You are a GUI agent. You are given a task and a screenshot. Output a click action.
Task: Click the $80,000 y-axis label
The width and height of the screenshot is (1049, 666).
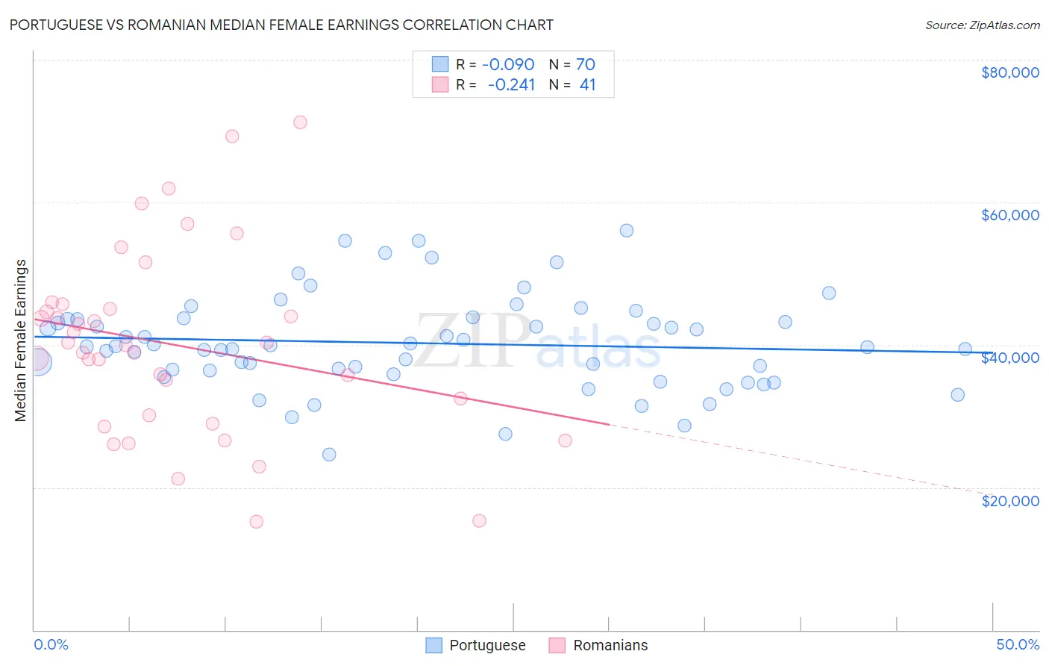tap(1009, 72)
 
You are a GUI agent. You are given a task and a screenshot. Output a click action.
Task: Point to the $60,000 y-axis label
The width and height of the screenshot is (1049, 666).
tap(1009, 215)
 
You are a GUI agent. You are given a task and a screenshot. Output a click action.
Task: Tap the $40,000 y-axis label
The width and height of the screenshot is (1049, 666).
tap(1009, 358)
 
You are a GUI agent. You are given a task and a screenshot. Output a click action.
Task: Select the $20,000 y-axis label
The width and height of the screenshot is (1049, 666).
tap(1009, 501)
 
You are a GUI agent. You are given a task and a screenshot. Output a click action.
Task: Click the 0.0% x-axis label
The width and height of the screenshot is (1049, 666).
tap(51, 644)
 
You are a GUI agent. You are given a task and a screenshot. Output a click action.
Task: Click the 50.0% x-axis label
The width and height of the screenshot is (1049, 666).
tap(1017, 644)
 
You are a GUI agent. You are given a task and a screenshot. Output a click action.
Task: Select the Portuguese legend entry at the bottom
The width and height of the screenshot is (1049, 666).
tap(476, 645)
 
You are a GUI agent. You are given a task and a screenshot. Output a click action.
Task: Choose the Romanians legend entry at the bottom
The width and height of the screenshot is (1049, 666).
tap(598, 645)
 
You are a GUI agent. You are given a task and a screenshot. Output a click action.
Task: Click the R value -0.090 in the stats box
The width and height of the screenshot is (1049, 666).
tap(508, 64)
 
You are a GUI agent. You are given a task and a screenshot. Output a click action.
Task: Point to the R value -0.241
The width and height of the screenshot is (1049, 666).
tap(511, 84)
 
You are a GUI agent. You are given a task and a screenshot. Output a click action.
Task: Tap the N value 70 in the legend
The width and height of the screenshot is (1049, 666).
tap(586, 64)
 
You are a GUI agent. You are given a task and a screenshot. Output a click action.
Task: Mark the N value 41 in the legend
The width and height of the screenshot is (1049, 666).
tap(588, 84)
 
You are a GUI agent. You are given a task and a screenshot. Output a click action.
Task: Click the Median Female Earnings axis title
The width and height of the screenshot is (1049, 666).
tap(21, 340)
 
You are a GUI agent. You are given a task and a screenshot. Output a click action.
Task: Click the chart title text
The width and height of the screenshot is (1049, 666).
tap(281, 25)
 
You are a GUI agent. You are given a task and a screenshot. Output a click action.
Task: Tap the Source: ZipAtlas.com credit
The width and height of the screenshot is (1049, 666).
tap(982, 25)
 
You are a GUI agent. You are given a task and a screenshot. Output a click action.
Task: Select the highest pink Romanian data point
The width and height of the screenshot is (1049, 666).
tap(300, 122)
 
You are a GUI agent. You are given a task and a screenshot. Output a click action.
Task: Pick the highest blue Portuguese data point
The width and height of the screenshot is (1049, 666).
tap(627, 231)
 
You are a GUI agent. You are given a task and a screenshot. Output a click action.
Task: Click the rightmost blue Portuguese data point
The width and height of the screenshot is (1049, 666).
tap(965, 349)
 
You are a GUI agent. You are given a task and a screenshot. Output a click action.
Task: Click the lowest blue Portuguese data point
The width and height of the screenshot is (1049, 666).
tap(329, 455)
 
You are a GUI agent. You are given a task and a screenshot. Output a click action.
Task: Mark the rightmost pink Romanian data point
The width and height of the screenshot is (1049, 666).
tap(565, 441)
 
